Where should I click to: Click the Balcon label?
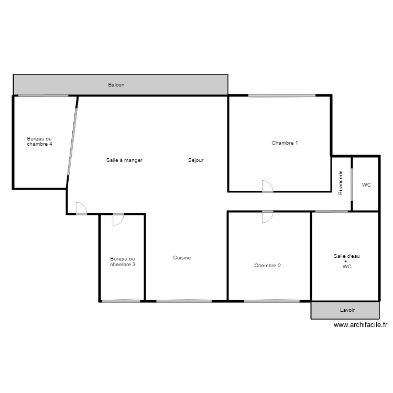[x=116, y=85]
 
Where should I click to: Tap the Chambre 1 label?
[x=285, y=143]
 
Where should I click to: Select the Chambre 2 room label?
[x=267, y=266]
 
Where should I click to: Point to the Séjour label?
[x=195, y=160]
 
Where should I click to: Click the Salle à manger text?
[x=124, y=160]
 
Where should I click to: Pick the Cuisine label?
[x=182, y=258]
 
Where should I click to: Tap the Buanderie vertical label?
[x=341, y=182]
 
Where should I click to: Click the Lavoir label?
[x=347, y=310]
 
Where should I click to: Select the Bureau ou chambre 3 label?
[x=123, y=261]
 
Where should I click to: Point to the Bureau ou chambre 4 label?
[x=39, y=141]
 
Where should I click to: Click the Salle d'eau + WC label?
[x=346, y=261]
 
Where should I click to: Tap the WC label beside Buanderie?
[x=366, y=185]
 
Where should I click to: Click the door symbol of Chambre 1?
[x=268, y=187]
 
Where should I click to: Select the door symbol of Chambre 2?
[x=267, y=216]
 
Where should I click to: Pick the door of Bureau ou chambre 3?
[x=118, y=220]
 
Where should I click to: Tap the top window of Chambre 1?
[x=281, y=95]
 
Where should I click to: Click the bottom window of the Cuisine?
[x=183, y=301]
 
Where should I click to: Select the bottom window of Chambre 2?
[x=271, y=301]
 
